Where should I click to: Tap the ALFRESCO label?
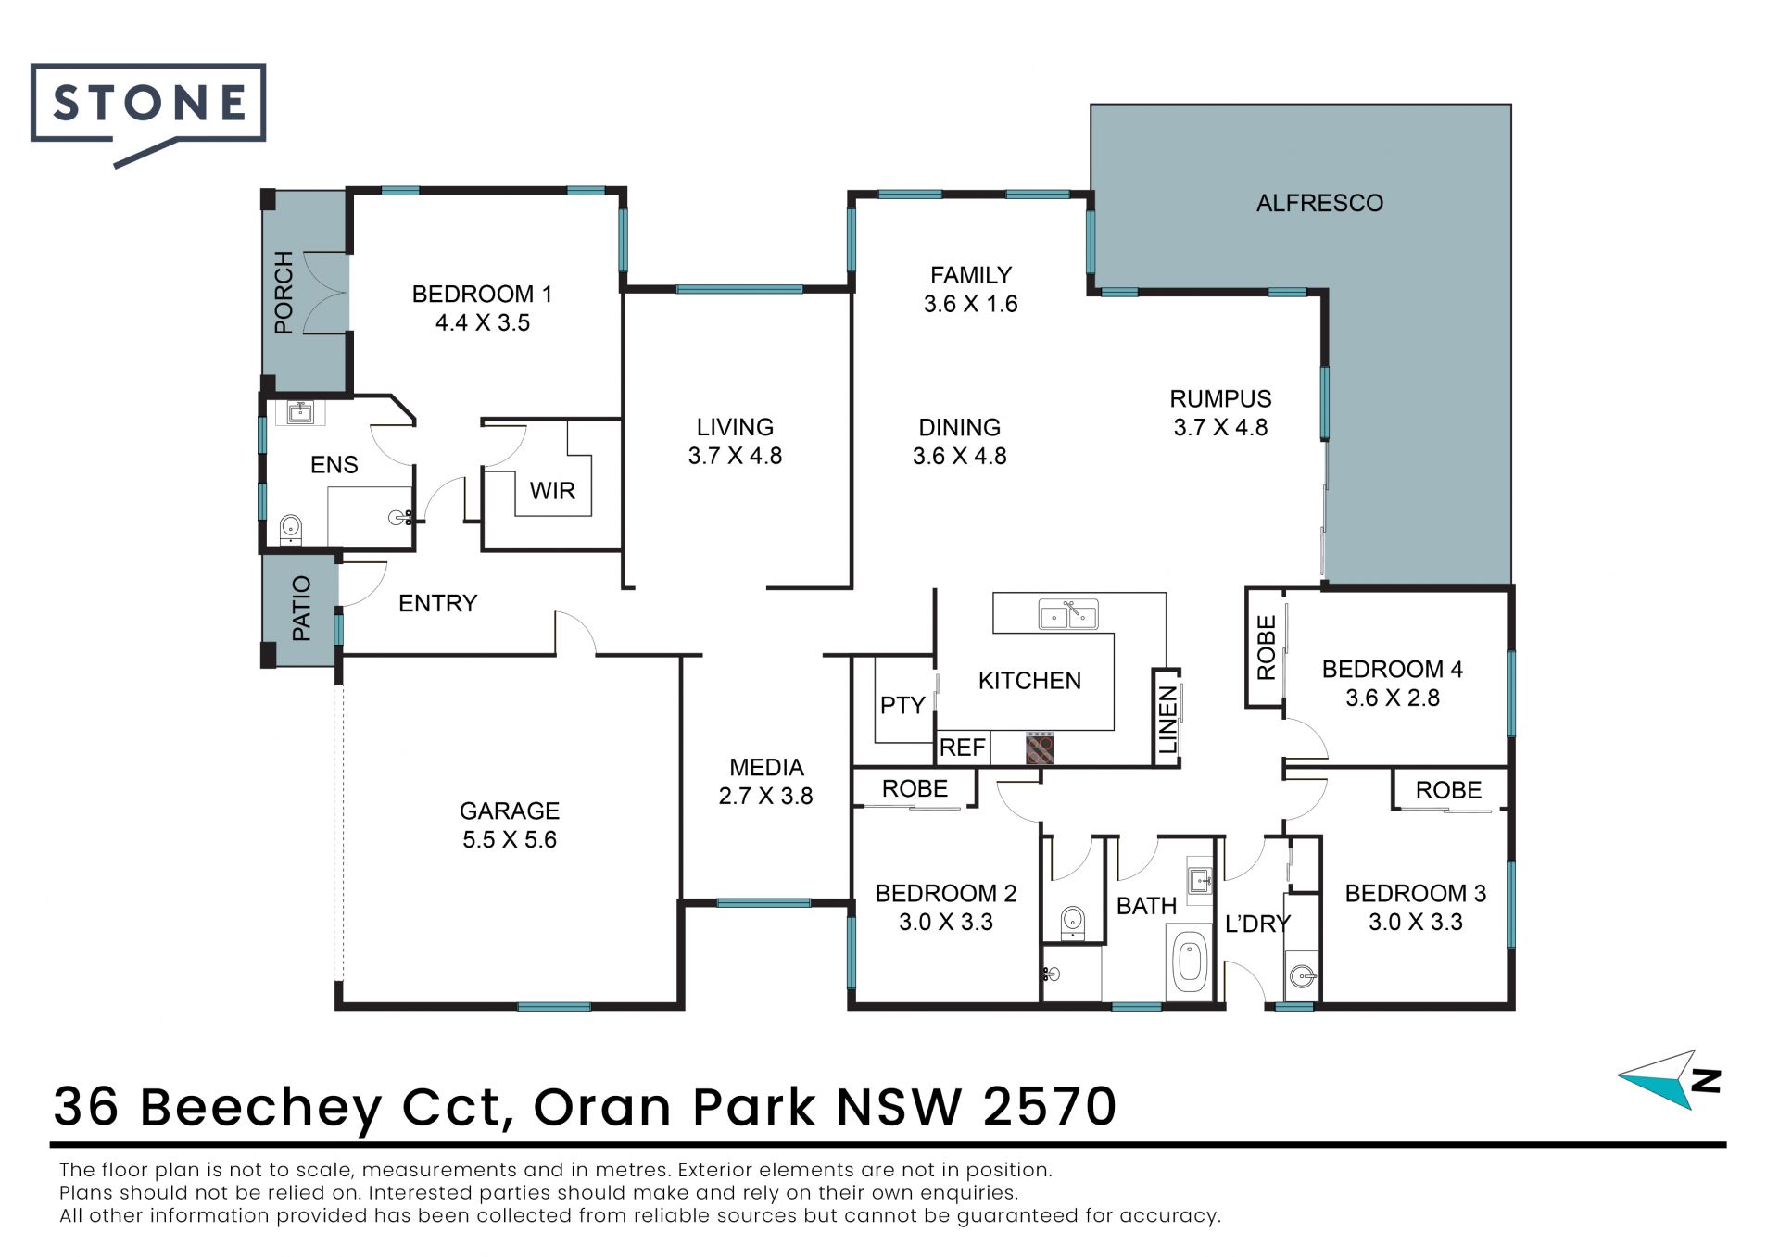coord(1319,203)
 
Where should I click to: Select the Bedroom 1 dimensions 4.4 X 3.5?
coord(483,323)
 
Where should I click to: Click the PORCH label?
coord(284,292)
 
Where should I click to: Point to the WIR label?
coord(552,491)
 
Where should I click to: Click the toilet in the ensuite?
coord(291,529)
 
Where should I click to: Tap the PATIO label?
coord(301,608)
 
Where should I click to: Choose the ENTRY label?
coord(437,603)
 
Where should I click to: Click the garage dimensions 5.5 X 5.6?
coord(510,840)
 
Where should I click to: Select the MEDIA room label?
coord(766,767)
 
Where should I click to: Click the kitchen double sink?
coord(1068,614)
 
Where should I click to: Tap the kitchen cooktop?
coord(1040,748)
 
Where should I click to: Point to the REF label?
coord(962,748)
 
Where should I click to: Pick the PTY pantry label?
coord(902,706)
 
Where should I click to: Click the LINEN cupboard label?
coord(1167,720)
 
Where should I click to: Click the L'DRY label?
coord(1257,924)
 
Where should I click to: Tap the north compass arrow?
coord(1670,1079)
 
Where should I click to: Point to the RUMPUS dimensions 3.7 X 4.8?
coord(1220,428)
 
